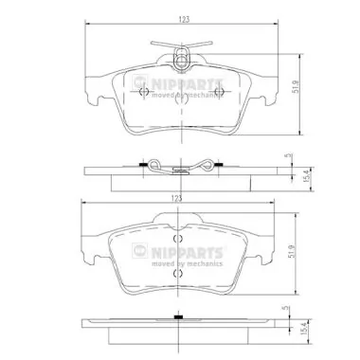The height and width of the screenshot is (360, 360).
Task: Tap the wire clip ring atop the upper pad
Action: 179,62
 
